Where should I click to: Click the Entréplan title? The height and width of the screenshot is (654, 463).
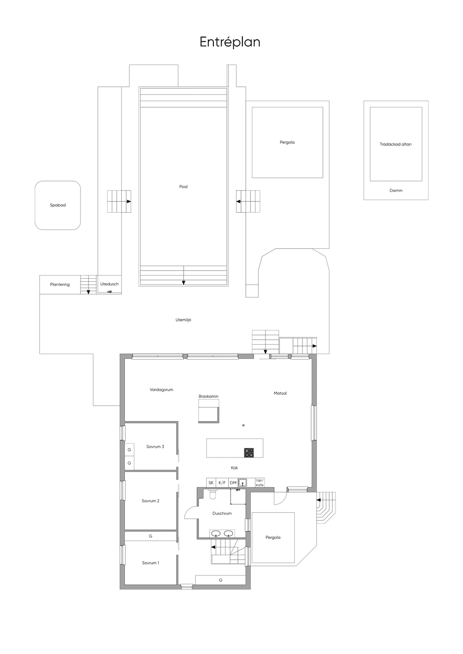coord(230,42)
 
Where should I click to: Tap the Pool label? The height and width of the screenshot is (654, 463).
coord(183,187)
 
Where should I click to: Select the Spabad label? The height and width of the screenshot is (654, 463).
coord(57,205)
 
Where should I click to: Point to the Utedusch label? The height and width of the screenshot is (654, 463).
coord(109,284)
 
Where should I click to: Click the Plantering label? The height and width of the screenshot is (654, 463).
coord(60,285)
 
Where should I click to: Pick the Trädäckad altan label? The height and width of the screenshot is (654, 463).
coord(396,144)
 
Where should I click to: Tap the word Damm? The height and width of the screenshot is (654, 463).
coord(396,190)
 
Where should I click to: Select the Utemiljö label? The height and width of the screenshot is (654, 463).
coord(183,320)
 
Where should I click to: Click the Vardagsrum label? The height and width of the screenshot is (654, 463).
coord(161,389)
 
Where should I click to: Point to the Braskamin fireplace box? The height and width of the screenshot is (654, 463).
coord(209,411)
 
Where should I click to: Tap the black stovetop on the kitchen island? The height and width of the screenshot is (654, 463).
coord(249,452)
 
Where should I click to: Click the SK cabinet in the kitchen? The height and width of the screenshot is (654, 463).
coord(211,483)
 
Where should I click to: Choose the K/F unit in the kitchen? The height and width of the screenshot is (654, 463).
coord(222,483)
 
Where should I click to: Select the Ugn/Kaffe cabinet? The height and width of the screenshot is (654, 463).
coord(260,483)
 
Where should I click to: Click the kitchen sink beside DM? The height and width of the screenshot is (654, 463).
coord(242,483)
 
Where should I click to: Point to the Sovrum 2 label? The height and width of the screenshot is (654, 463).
coord(150,501)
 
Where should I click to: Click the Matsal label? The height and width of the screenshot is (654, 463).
coord(280,393)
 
